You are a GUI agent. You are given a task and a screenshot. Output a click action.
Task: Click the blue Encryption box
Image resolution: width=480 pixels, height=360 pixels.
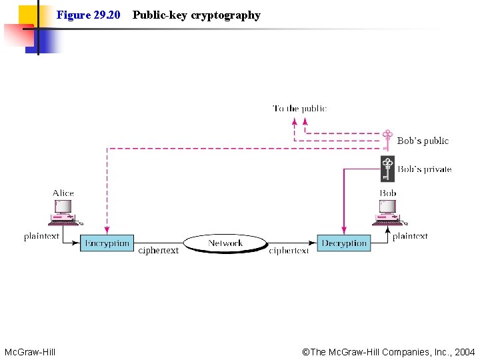107,243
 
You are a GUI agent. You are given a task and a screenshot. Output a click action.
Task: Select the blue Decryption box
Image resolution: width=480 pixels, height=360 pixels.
344,243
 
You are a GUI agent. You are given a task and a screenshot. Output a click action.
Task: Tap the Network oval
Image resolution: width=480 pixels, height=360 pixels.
225,243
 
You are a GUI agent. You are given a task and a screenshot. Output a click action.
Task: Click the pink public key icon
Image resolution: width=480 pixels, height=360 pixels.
387,141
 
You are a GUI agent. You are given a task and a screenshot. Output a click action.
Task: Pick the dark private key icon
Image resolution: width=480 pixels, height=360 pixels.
387,169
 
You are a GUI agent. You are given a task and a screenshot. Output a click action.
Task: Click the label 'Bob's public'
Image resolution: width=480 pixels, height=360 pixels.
423,141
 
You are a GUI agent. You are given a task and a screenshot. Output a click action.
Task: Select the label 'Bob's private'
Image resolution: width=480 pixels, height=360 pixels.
425,169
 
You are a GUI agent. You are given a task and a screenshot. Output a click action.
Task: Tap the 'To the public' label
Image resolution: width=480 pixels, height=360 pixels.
299,108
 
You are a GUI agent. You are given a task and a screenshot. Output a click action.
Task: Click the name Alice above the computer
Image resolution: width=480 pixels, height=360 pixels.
63,193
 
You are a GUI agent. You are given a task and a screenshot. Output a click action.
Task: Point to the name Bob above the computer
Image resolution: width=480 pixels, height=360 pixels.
388,193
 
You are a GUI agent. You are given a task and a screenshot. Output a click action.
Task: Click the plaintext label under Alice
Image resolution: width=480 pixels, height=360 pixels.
41,236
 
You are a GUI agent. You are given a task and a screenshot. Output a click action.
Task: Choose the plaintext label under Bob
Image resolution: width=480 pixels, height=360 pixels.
410,236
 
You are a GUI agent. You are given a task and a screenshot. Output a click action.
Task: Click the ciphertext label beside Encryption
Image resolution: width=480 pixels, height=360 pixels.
159,251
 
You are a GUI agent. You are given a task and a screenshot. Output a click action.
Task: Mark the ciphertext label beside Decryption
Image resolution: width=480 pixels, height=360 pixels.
289,251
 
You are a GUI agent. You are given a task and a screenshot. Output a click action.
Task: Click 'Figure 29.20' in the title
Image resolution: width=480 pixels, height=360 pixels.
88,15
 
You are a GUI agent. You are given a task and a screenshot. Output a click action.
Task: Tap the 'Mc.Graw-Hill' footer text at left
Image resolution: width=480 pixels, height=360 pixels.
30,352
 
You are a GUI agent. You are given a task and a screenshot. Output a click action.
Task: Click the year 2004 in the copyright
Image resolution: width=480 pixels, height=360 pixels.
464,352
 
